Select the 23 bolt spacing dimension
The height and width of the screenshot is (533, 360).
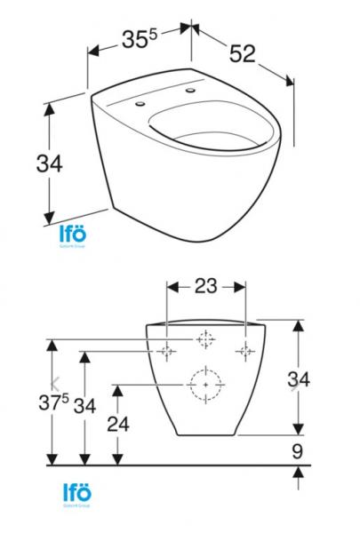click(206, 287)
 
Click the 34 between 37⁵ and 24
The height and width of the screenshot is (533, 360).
click(84, 407)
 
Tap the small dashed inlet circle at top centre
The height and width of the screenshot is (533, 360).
click(205, 339)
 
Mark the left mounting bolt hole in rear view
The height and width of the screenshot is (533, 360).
click(167, 353)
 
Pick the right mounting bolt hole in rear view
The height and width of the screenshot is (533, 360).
click(244, 353)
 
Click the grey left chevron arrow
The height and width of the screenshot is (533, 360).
click(57, 384)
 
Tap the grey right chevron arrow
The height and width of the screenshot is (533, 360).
click(294, 384)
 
